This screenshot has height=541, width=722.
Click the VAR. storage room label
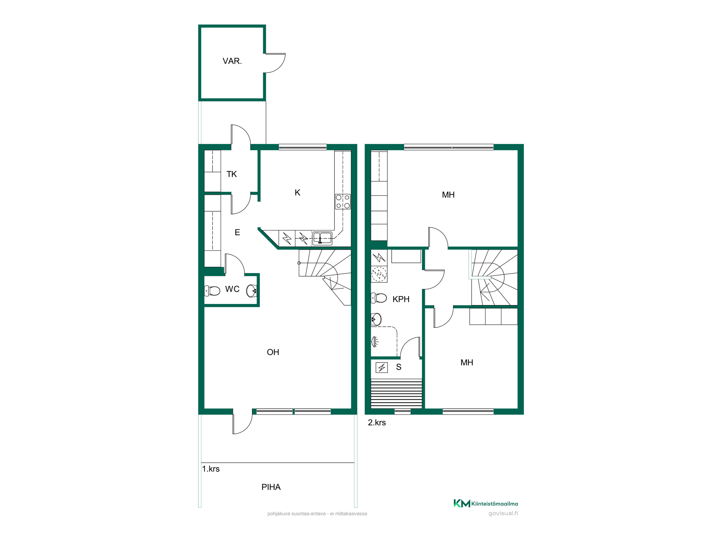tap(232, 61)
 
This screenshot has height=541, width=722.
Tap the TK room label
tap(231, 174)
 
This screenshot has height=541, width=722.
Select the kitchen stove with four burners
tap(343, 202)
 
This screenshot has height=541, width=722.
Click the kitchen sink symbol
tap(322, 238)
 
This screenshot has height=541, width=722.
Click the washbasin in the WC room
tap(252, 290)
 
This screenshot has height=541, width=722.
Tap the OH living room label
tap(273, 352)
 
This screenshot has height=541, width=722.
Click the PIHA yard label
tap(271, 487)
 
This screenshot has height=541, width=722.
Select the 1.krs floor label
tap(211, 469)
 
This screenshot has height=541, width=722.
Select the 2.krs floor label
tap(377, 423)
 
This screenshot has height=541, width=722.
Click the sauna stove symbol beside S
tap(382, 368)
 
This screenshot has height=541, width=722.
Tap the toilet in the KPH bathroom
tap(379, 298)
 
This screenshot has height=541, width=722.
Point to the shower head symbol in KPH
tap(375, 341)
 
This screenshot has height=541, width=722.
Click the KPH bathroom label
tap(401, 299)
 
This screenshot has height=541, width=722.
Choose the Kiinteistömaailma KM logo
tap(486, 503)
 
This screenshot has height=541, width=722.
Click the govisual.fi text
tap(503, 513)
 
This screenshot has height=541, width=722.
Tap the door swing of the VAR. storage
tap(275, 63)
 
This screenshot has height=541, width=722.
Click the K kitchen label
tap(297, 193)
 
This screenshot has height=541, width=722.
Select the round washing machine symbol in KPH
tap(379, 274)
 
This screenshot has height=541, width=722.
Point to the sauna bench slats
tap(396, 393)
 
